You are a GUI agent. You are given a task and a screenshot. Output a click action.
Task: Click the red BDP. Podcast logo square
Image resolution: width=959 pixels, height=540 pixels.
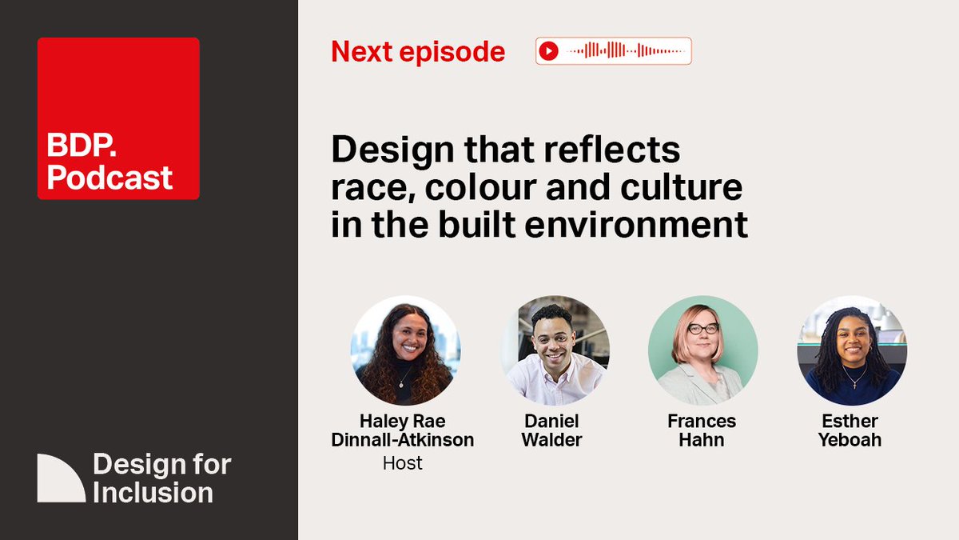click(x=118, y=118)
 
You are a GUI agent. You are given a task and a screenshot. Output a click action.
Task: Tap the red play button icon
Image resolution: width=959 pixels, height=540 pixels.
click(x=548, y=51)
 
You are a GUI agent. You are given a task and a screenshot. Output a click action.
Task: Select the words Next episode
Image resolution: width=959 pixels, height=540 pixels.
click(x=418, y=52)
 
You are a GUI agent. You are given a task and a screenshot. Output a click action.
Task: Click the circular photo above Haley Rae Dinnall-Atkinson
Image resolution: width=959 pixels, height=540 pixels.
click(x=405, y=350)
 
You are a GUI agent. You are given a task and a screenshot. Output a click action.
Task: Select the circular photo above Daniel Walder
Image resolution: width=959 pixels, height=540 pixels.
click(x=555, y=350)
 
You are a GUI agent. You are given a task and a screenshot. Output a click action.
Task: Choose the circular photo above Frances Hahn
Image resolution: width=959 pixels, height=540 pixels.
click(x=702, y=350)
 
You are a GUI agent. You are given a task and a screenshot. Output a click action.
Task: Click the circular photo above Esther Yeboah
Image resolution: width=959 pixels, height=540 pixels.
click(x=852, y=350)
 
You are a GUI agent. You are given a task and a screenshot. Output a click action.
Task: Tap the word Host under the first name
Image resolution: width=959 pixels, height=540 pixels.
click(x=403, y=463)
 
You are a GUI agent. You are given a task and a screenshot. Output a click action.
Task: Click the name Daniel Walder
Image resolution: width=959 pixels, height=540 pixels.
click(x=552, y=430)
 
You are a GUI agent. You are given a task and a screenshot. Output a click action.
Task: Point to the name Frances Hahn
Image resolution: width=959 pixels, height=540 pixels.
click(x=702, y=430)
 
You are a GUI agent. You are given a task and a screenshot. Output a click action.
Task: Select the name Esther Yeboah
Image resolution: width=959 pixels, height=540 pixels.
click(x=850, y=430)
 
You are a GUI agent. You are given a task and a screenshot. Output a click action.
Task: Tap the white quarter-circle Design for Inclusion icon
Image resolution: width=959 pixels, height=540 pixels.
click(x=61, y=478)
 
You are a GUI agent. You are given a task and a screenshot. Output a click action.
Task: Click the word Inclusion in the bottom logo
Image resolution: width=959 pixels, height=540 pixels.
click(x=153, y=492)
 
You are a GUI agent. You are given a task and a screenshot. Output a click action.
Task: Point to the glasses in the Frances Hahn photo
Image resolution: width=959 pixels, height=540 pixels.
click(x=703, y=328)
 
